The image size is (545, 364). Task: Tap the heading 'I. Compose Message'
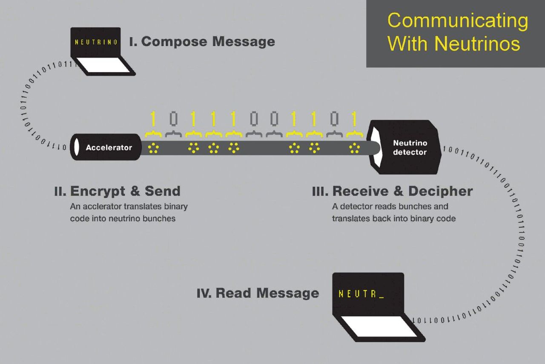[x=202, y=42]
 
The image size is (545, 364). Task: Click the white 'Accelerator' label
[x=109, y=148]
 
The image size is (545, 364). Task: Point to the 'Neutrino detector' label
[x=410, y=148]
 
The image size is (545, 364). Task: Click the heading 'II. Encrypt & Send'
[x=117, y=191]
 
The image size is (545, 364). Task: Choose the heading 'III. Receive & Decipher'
[x=392, y=191]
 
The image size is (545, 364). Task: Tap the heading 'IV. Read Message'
[x=258, y=293]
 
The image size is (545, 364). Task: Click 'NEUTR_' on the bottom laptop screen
[x=361, y=294]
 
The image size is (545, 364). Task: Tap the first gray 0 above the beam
[x=173, y=119]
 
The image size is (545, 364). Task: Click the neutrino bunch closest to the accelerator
[x=153, y=148]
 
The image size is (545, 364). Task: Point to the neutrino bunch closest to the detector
[x=354, y=148]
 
